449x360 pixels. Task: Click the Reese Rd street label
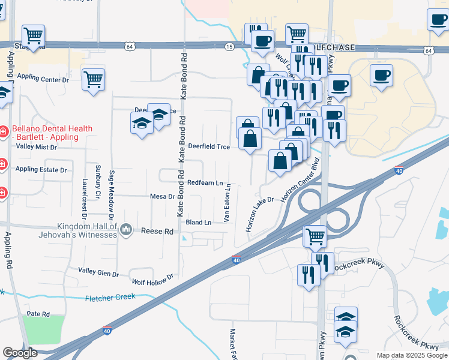[x=157, y=231]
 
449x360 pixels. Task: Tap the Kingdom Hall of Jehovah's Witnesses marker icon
[x=126, y=229]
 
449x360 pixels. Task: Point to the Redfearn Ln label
[x=205, y=182]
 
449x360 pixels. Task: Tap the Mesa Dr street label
[x=162, y=196]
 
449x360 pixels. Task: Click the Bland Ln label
[x=199, y=223]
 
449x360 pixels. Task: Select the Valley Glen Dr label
[x=98, y=272]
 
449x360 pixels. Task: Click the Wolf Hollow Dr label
[x=152, y=277]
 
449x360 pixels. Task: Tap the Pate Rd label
[x=37, y=314]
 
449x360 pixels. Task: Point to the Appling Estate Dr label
[x=41, y=170]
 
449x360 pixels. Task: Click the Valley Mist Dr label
[x=36, y=146]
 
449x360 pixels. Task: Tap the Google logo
[x=20, y=353]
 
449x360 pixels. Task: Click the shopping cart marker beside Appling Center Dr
[x=93, y=78]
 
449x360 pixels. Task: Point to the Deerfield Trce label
[x=209, y=146]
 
